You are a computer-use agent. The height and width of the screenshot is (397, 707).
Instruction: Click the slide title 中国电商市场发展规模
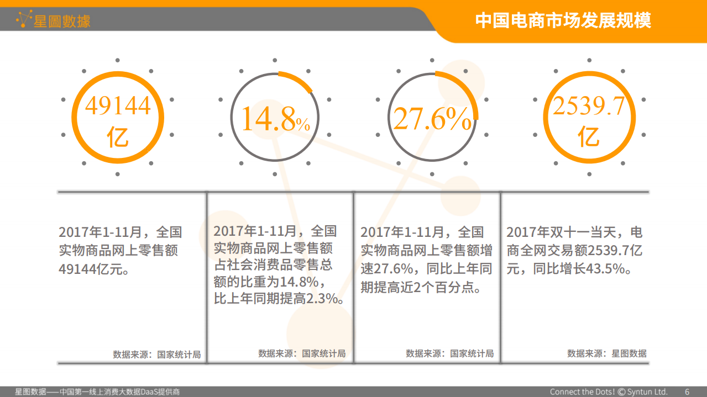[563, 20]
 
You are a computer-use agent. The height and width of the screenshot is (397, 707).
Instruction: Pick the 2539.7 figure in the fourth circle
[589, 106]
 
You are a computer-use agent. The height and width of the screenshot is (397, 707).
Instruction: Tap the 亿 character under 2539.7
[589, 137]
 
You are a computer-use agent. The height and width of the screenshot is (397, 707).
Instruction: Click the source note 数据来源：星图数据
[606, 353]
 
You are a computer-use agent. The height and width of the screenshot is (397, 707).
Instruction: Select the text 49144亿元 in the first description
[90, 269]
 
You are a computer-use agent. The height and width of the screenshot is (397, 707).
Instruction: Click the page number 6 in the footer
[687, 391]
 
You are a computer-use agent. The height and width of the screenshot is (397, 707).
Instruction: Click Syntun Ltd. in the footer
[647, 391]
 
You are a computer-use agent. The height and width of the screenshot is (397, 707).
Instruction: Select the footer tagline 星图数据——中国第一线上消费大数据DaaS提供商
[97, 391]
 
